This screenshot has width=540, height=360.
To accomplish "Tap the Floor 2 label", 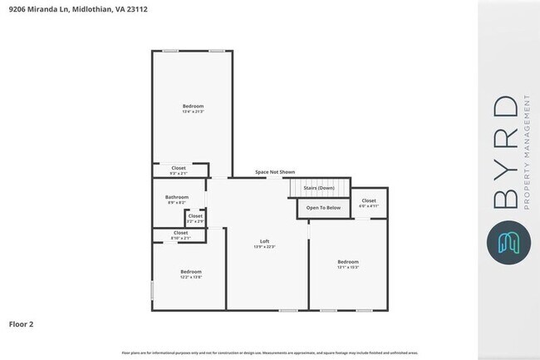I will (x=22, y=323).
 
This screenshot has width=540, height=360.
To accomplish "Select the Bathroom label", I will (x=177, y=197).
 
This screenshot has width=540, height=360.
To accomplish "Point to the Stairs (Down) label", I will (x=318, y=188).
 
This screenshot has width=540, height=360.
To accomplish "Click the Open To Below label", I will (x=323, y=207).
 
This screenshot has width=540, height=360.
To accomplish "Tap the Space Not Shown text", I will (x=275, y=172).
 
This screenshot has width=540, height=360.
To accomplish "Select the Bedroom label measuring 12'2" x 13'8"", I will (x=191, y=271).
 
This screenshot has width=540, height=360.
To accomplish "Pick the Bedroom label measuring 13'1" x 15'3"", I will (x=348, y=262).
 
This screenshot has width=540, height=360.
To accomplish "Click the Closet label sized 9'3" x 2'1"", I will (x=179, y=168).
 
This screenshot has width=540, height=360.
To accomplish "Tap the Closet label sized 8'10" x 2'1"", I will (x=180, y=233).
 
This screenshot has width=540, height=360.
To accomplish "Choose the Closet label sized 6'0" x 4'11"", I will (x=368, y=200).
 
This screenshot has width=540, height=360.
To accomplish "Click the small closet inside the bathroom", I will (x=195, y=218).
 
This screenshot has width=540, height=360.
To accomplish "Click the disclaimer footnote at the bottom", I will (x=269, y=353).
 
